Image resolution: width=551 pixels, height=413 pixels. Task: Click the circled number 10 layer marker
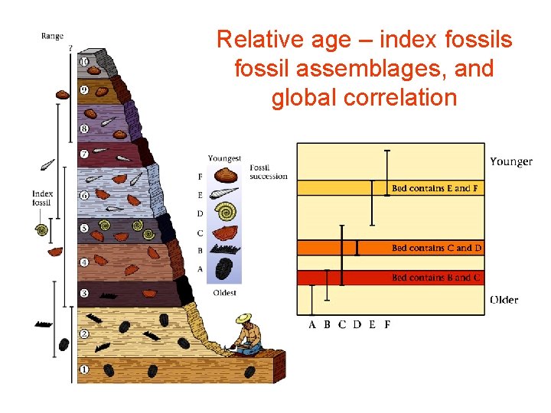coord(83,61)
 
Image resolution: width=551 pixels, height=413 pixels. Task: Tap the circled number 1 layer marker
coord(84,369)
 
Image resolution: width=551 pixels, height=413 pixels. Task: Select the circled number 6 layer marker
coord(84,195)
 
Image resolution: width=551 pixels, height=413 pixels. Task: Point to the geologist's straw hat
coord(244,317)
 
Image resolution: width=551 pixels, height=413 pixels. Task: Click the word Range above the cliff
coord(53,35)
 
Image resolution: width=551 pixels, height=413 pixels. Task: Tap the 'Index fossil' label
coord(42,198)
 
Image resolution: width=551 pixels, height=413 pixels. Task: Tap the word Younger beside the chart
coord(511,161)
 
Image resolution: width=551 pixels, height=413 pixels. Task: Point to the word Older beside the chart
coord(504,299)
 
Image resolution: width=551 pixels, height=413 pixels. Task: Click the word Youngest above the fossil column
coord(224,158)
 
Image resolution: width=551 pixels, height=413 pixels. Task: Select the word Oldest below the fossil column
coord(224,292)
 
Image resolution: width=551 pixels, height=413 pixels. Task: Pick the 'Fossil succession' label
coord(268,172)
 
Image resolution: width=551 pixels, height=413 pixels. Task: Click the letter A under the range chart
coord(312,324)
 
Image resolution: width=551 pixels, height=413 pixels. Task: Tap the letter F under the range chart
coord(387,324)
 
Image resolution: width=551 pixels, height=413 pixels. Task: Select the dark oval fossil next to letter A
coord(225,269)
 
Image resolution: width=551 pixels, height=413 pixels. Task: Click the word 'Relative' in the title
coord(256,40)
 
